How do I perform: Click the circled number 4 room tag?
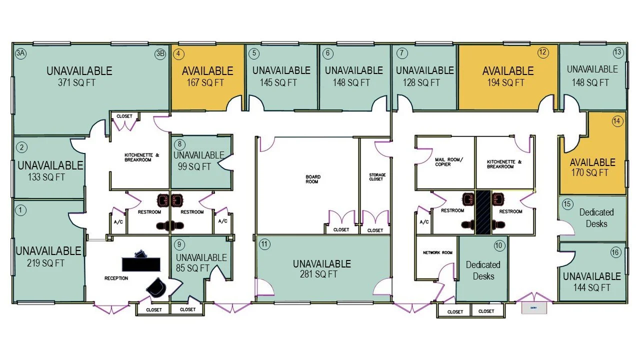(178, 54)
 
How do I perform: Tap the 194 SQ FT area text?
(505, 82)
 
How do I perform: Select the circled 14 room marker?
(617, 121)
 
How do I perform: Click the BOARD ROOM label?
(313, 179)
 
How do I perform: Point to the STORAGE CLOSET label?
(377, 177)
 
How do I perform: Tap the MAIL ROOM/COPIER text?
(449, 162)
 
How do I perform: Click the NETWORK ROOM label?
(437, 252)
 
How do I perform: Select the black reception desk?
(141, 264)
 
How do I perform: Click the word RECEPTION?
(116, 278)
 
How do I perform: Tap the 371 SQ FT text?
(76, 82)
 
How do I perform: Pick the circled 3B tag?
(160, 54)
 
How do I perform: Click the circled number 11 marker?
(264, 244)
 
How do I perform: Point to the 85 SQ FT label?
(192, 268)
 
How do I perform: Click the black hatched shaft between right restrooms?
(483, 212)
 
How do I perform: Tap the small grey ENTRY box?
(534, 308)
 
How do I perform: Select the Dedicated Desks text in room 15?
(596, 218)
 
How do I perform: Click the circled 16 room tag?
(615, 252)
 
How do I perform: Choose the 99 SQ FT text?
(194, 166)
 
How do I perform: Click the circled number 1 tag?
(20, 210)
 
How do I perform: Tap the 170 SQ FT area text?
(589, 172)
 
